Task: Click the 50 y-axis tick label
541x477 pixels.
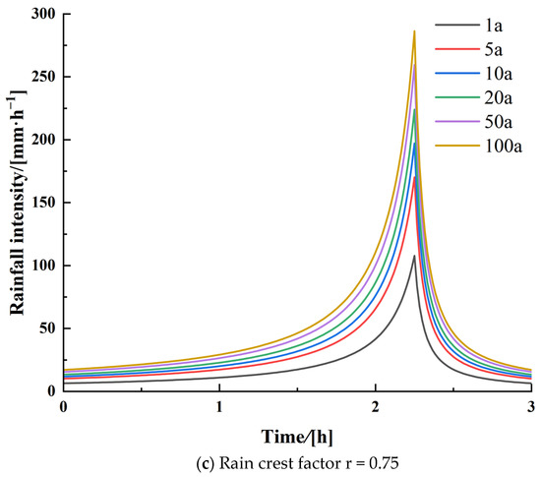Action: [x=45, y=328]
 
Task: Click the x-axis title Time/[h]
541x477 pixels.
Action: [x=296, y=434]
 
